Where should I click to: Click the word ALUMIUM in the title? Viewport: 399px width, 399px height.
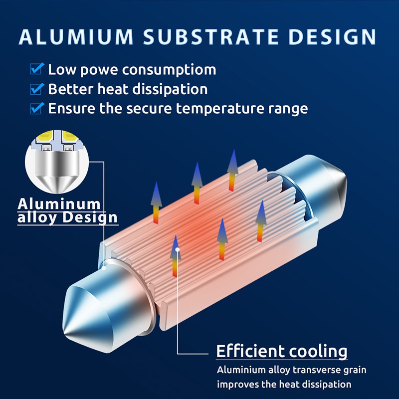tap(76, 37)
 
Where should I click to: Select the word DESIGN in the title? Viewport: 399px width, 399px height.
tap(332, 37)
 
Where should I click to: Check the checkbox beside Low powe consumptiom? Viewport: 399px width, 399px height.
tap(36, 68)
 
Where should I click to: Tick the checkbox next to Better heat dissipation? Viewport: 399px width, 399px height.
tap(36, 89)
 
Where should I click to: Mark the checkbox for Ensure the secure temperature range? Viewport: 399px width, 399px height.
tap(36, 108)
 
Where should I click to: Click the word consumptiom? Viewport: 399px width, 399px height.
tap(169, 70)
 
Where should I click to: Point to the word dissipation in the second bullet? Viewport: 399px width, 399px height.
tap(170, 90)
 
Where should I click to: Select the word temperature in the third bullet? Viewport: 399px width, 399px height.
tap(220, 109)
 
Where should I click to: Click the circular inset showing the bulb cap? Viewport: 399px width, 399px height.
tap(57, 162)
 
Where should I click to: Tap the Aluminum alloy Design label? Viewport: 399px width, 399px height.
tap(67, 211)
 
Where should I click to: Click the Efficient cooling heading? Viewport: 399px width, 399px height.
tap(282, 351)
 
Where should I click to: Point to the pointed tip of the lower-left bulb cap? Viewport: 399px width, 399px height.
tap(64, 333)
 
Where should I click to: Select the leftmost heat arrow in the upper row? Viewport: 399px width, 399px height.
tap(156, 203)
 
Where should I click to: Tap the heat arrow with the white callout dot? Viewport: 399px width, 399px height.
tap(176, 256)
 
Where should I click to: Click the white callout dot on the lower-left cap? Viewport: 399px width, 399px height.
tap(104, 268)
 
